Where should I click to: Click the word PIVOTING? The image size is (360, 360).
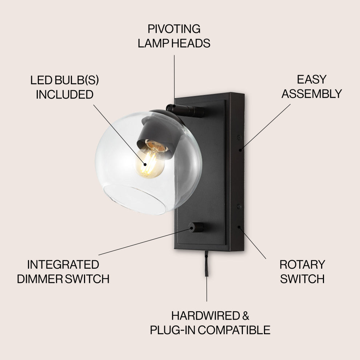(x=174, y=29)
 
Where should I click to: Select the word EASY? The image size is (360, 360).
(x=312, y=79)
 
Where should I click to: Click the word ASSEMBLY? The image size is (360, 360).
(x=312, y=94)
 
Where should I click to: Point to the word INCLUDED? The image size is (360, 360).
(x=64, y=95)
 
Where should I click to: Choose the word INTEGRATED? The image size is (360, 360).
(x=63, y=264)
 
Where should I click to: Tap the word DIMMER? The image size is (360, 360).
(x=40, y=279)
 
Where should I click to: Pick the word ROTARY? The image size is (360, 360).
(x=302, y=264)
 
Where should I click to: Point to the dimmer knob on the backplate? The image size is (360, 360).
(x=196, y=228)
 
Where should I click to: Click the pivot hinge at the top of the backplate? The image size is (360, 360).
(x=185, y=110)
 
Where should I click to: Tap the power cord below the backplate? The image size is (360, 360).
(x=206, y=264)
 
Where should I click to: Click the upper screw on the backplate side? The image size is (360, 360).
(x=239, y=137)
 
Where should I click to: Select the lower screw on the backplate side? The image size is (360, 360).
(x=239, y=207)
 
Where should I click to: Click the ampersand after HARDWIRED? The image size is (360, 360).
(x=246, y=315)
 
